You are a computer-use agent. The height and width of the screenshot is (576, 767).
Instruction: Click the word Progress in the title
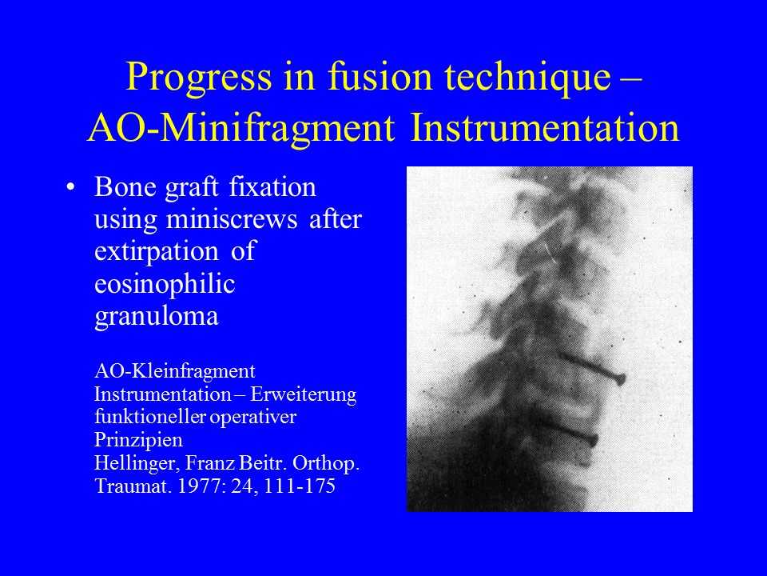coord(199,78)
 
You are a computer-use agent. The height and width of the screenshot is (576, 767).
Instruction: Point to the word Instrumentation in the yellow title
coord(544,127)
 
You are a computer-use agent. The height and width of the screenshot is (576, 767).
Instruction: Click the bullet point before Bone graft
coord(71,187)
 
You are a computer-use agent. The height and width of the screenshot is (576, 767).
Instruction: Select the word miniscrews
coord(232,218)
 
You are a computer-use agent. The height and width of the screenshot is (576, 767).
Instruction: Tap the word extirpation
coord(156,252)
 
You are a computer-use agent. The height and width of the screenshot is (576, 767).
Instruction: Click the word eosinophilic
coord(165,285)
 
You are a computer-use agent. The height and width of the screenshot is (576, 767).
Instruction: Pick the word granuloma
coord(156,317)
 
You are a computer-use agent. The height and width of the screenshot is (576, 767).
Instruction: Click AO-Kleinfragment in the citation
coord(175,371)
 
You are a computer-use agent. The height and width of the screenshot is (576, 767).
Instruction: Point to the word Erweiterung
coord(303,394)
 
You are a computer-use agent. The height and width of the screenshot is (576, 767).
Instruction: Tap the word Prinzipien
coord(138,440)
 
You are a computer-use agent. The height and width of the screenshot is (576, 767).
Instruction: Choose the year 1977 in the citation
coord(199,486)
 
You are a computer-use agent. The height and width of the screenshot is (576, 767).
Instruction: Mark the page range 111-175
coord(300,486)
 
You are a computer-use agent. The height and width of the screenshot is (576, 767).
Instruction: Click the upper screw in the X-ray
coord(592,368)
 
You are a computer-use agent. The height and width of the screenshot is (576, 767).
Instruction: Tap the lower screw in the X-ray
coord(570,431)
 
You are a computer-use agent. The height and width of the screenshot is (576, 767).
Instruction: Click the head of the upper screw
coord(620,378)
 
